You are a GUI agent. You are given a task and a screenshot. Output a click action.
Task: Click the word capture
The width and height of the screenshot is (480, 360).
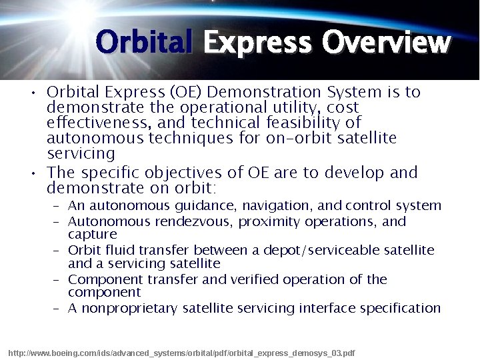click(x=92, y=235)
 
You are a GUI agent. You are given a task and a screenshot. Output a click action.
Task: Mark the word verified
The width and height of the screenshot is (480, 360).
click(x=255, y=279)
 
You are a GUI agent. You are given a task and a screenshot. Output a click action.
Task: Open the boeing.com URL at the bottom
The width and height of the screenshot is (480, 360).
click(x=181, y=352)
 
